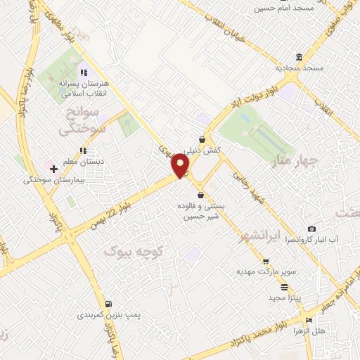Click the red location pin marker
(x=181, y=165)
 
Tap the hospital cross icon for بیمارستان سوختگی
(x=53, y=169)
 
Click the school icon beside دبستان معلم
(x=83, y=150)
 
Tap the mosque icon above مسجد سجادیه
(x=300, y=57)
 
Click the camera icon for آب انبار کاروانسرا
(x=312, y=229)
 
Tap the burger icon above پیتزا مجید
(x=284, y=287)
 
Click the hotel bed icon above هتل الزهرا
(x=309, y=319)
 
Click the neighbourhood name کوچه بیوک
(x=134, y=250)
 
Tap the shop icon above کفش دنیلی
(x=202, y=139)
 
